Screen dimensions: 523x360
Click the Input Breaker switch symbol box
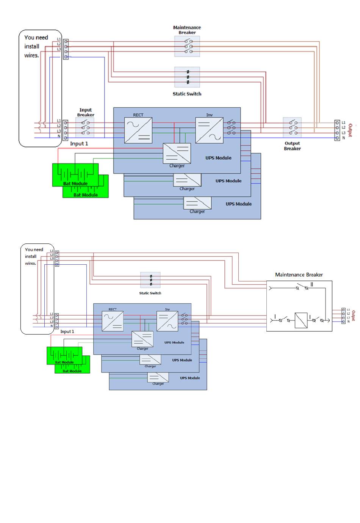[x=85, y=127]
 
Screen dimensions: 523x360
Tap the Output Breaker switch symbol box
[x=292, y=127]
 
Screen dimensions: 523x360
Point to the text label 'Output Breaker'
[x=292, y=146]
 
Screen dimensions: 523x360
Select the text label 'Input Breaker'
[x=86, y=112]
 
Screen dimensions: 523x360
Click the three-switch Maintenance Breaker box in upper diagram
[x=187, y=46]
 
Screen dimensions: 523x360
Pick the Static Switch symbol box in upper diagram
[x=187, y=77]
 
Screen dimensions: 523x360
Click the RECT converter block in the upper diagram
[x=138, y=130]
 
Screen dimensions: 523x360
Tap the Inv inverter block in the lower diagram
[x=167, y=321]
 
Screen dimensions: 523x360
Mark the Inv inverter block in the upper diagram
[x=209, y=130]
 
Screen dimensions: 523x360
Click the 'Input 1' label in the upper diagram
[x=79, y=144]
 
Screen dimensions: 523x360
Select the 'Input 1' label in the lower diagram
[x=67, y=331]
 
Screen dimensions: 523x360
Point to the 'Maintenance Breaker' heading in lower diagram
[x=299, y=275]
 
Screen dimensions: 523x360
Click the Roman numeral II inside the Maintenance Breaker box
[x=312, y=284]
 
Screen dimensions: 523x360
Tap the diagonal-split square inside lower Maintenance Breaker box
[x=301, y=320]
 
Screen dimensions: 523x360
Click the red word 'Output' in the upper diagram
[x=351, y=130]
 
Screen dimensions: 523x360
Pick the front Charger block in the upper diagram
[x=177, y=153]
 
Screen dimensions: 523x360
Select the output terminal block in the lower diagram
[x=343, y=316]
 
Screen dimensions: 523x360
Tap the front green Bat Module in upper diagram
[x=75, y=175]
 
